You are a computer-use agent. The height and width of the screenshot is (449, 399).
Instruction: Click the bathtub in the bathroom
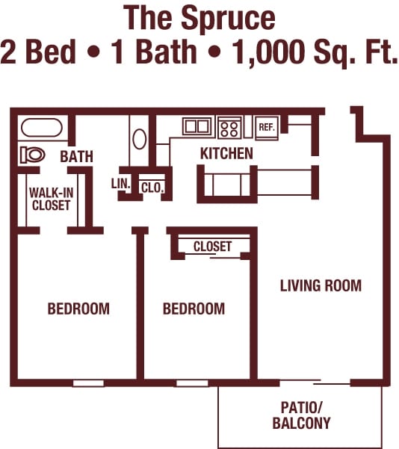(42, 128)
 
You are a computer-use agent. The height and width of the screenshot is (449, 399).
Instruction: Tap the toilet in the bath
(33, 155)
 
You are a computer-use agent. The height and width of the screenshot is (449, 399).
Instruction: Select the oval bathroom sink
(140, 139)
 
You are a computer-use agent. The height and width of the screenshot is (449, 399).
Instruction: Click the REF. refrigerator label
(267, 127)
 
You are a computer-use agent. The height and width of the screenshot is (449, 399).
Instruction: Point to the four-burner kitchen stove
(229, 128)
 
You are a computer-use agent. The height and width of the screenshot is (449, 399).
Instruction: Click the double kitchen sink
(197, 126)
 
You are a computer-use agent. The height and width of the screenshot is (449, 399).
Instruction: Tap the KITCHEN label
(226, 153)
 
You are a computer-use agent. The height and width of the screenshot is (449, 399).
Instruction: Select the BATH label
(76, 156)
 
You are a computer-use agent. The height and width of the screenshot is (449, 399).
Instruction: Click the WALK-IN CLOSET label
(52, 199)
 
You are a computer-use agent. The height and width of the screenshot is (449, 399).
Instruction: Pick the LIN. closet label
(121, 184)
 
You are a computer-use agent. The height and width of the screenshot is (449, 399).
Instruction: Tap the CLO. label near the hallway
(152, 188)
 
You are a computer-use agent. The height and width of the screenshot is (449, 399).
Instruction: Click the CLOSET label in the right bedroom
(212, 247)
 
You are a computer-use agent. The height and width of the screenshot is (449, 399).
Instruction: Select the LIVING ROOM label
(321, 285)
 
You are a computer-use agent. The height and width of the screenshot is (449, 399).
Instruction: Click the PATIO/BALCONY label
(302, 415)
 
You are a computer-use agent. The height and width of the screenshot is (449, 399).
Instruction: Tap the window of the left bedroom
(88, 383)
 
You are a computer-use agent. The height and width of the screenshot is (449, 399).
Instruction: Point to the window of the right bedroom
(192, 383)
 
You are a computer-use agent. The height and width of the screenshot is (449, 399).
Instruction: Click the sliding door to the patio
(315, 382)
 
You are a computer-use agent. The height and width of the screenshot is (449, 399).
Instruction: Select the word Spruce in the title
(228, 19)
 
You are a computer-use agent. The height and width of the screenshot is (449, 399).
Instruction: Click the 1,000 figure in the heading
(268, 52)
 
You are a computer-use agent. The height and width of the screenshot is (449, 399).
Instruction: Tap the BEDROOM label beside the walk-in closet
(78, 309)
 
